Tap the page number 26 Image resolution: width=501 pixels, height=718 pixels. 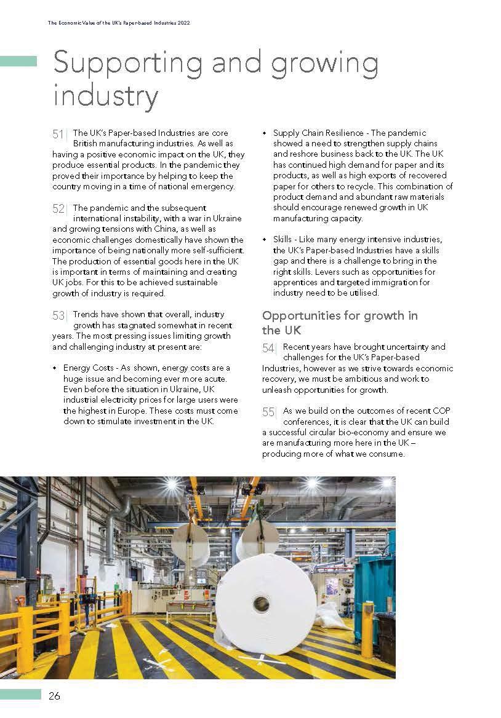[55, 696]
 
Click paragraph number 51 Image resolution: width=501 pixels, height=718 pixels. [58, 134]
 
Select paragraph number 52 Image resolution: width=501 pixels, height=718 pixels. [58, 209]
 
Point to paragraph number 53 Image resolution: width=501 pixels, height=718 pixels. [58, 316]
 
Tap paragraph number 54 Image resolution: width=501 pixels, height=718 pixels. [268, 348]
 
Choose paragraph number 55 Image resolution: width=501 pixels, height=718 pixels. [268, 412]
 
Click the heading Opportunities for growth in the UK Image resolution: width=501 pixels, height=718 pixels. [340, 323]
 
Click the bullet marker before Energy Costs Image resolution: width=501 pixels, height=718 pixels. [54, 368]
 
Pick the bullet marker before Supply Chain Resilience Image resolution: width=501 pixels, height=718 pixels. [264, 133]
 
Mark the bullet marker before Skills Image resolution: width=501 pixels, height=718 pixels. [264, 240]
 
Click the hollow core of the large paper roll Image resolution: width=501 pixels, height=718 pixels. [261, 604]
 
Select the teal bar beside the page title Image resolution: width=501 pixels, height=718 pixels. [18, 61]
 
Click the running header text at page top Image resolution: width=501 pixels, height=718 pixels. [118, 23]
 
